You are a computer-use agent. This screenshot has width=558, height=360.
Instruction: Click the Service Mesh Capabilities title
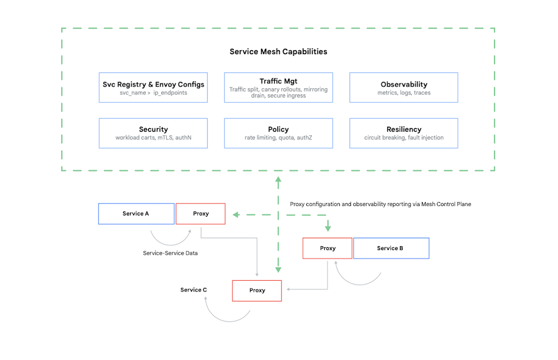tap(278, 51)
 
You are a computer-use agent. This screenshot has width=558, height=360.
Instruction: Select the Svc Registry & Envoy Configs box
tap(153, 88)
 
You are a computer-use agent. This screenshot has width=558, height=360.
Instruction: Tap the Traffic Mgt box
tap(278, 88)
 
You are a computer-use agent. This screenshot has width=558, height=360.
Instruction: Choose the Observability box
tap(403, 88)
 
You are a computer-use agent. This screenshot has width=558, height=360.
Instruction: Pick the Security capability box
tap(153, 133)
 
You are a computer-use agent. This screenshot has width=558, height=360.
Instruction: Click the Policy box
tap(278, 133)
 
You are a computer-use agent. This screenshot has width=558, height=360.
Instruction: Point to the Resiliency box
tap(403, 133)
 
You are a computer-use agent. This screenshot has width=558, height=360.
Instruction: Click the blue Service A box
tap(136, 214)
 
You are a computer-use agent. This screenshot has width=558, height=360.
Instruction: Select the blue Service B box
tap(391, 248)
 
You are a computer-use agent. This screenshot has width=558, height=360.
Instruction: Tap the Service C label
tap(194, 290)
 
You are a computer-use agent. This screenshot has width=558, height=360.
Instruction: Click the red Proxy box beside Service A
tap(200, 214)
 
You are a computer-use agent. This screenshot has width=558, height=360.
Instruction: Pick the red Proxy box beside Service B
tap(328, 248)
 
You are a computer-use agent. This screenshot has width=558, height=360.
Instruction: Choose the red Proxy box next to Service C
tap(257, 291)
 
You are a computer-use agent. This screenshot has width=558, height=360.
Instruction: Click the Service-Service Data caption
tap(170, 253)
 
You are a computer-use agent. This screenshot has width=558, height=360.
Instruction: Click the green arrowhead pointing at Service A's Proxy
tap(236, 214)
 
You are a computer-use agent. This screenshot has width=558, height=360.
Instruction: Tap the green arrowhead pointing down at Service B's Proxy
tap(328, 228)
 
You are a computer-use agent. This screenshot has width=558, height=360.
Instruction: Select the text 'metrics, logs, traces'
tap(403, 93)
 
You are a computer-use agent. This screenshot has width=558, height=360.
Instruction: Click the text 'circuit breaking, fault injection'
tap(403, 138)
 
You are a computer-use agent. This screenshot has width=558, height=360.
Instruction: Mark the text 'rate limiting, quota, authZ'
tap(278, 138)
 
